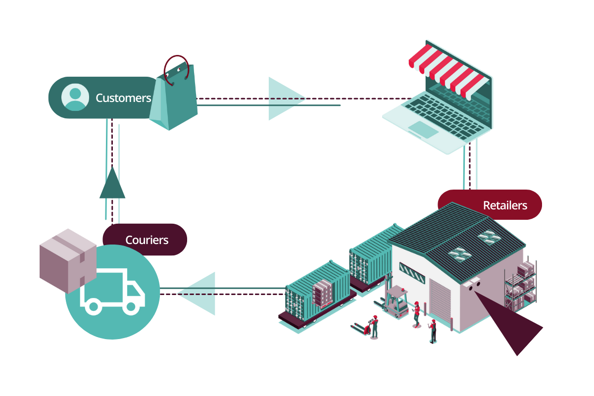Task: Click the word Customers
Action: (x=123, y=98)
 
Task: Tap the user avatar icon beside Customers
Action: (x=75, y=97)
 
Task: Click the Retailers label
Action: (x=504, y=205)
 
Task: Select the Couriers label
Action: (x=147, y=240)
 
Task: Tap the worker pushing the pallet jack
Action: (x=374, y=327)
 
